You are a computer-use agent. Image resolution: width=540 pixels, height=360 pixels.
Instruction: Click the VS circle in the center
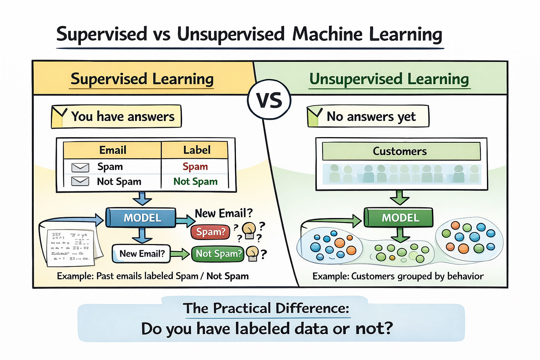tap(269, 100)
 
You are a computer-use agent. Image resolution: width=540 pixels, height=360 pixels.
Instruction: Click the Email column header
tap(113, 150)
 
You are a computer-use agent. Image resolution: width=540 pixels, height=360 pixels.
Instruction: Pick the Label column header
tap(196, 150)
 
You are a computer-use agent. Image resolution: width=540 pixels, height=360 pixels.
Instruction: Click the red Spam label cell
tap(195, 166)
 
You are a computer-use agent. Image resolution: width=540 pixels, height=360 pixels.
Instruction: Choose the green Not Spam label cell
tap(195, 181)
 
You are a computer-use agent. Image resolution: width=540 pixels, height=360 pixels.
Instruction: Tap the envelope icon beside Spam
tap(80, 167)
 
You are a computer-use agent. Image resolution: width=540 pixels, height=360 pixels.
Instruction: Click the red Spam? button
tap(210, 232)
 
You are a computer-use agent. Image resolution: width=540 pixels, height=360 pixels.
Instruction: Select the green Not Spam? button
tap(218, 254)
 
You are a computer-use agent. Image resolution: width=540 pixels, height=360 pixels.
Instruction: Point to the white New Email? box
tap(141, 254)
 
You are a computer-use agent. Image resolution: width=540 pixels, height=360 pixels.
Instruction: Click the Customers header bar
tap(400, 151)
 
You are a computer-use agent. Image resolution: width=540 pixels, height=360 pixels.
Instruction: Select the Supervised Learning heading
tap(142, 79)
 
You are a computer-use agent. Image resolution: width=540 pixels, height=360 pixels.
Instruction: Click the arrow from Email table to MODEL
tap(142, 199)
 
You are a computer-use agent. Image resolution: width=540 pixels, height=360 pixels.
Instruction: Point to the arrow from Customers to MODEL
tap(400, 198)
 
